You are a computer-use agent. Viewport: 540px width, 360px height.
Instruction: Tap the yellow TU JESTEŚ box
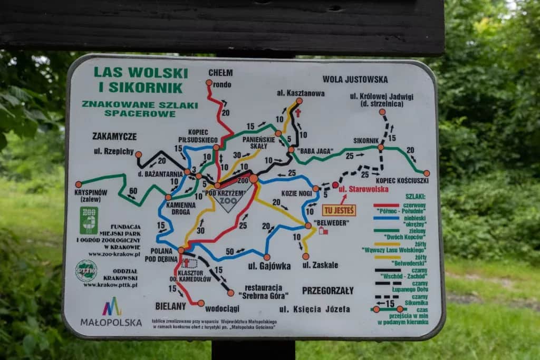tap(339, 210)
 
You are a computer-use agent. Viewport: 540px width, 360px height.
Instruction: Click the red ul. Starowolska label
tap(363, 189)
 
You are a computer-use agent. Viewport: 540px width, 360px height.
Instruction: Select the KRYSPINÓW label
tap(92, 192)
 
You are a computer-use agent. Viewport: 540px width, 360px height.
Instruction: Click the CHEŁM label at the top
tap(220, 73)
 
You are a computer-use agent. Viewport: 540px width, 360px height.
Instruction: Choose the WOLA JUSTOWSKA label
tap(355, 80)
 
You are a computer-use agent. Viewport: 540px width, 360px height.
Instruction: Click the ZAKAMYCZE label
tap(114, 136)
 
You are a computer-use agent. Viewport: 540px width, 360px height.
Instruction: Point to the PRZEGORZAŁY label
tap(327, 290)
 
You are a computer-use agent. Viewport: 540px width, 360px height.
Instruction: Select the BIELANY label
tap(170, 306)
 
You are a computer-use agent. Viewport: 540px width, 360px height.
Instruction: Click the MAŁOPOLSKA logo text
tap(111, 322)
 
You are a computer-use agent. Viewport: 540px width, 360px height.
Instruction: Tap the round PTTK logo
tap(86, 271)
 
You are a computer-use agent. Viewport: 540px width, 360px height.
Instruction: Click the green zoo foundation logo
tap(89, 220)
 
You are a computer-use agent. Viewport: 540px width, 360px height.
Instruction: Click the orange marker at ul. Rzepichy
tap(138, 154)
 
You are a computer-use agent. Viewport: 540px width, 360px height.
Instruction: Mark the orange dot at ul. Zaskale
tap(305, 256)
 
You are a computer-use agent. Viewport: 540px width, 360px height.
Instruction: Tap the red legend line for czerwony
tap(387, 205)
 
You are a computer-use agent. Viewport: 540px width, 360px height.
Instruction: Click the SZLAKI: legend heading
tap(416, 196)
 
